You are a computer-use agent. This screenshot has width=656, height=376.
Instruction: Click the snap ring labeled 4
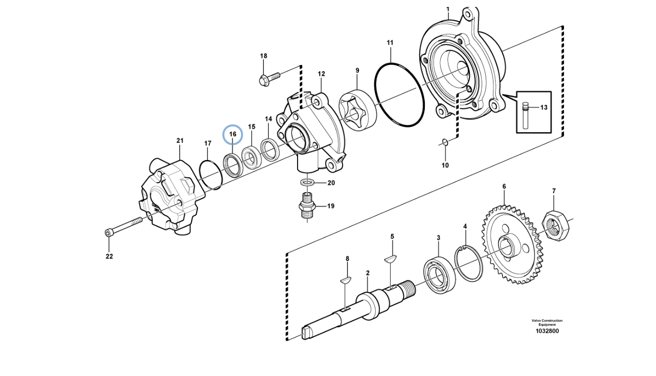[468, 265]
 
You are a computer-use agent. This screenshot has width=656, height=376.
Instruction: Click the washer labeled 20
[308, 183]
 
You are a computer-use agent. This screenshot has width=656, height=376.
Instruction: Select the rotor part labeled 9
[357, 110]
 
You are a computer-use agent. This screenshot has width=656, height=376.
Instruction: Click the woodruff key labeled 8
[346, 280]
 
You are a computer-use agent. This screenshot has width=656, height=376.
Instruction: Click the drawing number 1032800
[547, 331]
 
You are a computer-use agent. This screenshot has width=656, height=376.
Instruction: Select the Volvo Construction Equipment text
[547, 322]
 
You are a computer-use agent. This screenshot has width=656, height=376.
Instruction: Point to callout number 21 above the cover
[180, 141]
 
